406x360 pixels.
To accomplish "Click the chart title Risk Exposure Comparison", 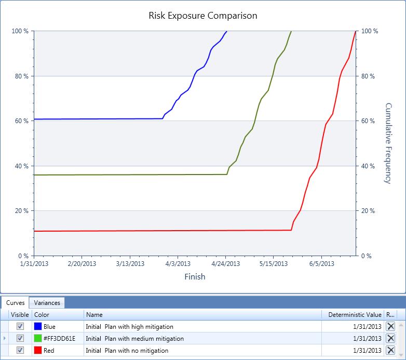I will click(202, 16).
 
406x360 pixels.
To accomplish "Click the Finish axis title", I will click(195, 277).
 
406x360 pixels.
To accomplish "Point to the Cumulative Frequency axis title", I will click(388, 143).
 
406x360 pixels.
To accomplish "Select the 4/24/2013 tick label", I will click(225, 264).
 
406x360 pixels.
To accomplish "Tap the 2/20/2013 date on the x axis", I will click(82, 264).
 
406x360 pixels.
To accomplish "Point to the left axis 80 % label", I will click(20, 76).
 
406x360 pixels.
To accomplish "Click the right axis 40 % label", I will click(368, 166).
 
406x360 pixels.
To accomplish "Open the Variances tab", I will click(47, 303).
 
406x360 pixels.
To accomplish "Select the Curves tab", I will click(16, 303).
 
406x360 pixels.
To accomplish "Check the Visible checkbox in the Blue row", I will click(20, 326).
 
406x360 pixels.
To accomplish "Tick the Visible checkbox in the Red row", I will click(20, 350).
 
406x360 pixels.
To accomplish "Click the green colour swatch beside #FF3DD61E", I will click(37, 338).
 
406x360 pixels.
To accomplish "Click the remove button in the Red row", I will click(390, 350).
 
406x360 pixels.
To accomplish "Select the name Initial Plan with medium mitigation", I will click(135, 338).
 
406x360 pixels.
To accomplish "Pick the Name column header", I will click(94, 314).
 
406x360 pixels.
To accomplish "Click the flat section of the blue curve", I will click(99, 119).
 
